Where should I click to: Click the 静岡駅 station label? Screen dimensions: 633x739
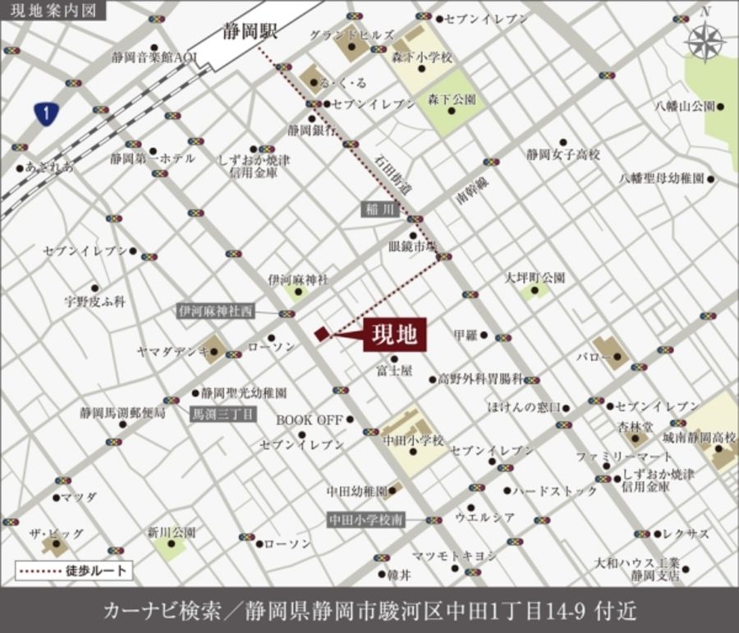point(250,32)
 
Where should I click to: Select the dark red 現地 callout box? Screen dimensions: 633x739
point(394,334)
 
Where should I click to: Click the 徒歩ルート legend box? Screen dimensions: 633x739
point(75,569)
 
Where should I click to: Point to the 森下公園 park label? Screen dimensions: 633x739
point(452,100)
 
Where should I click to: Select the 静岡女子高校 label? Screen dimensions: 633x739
point(563,154)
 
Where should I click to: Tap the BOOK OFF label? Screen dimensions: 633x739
point(309,420)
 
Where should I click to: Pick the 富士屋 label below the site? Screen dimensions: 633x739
point(395,371)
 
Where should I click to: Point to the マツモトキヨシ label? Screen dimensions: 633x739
point(454,556)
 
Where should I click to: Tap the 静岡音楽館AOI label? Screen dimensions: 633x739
point(156,57)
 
